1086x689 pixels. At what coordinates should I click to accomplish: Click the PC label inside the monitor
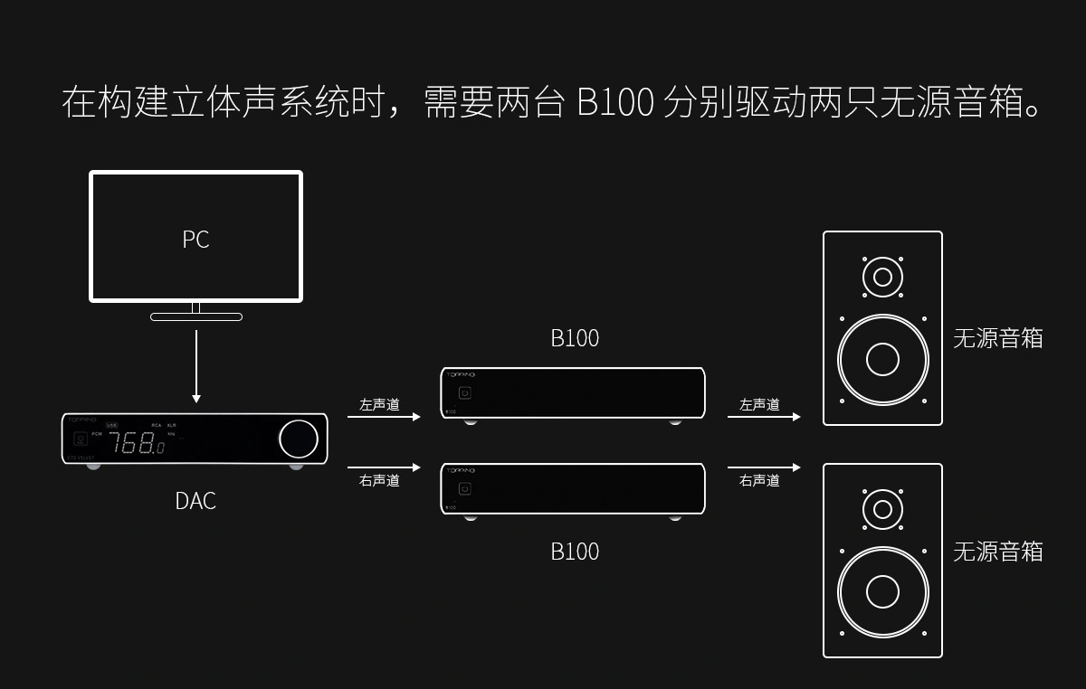(195, 239)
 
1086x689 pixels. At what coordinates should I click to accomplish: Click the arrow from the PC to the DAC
(196, 366)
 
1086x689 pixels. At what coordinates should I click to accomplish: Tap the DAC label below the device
(195, 500)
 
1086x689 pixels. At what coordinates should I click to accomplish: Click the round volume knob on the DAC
(299, 439)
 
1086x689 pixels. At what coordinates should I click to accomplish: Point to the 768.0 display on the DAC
(137, 444)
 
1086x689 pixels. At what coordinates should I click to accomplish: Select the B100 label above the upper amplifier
(575, 338)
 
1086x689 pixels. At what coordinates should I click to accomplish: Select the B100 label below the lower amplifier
(575, 552)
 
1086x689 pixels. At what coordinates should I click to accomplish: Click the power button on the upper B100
(465, 393)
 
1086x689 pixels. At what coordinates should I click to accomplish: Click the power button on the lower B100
(465, 489)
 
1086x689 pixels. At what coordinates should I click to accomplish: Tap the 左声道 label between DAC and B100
(379, 404)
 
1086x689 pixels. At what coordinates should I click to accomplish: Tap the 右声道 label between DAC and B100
(379, 480)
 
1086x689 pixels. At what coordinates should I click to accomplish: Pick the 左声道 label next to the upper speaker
(759, 404)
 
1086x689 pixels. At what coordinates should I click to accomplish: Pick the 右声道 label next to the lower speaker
(759, 480)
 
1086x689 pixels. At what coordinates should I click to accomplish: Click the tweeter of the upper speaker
(882, 276)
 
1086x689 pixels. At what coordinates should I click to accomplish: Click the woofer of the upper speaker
(882, 359)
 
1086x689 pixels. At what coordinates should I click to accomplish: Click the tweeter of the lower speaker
(882, 508)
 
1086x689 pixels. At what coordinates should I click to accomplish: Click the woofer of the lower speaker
(882, 592)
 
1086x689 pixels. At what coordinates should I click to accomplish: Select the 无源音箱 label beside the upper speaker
(997, 338)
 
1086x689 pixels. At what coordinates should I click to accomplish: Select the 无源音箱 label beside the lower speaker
(997, 552)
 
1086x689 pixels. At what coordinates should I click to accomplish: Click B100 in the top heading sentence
(614, 102)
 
